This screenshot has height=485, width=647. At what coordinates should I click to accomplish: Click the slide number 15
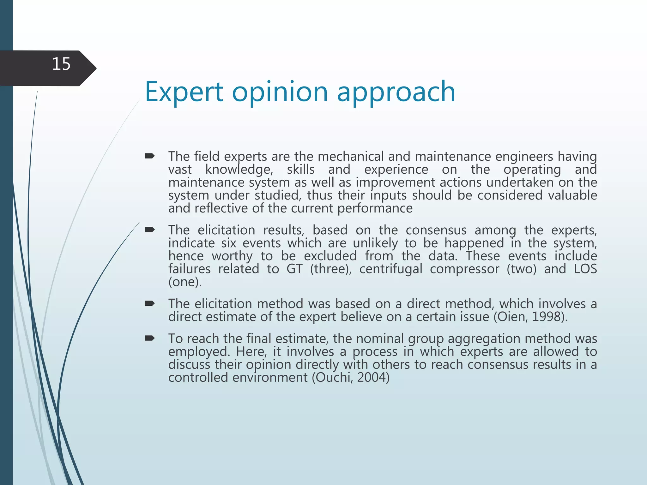click(61, 64)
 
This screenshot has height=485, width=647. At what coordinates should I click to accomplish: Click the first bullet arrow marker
click(149, 156)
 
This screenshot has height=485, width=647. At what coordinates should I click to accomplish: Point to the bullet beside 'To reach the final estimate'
click(149, 338)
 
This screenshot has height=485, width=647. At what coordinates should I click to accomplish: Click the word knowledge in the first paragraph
click(239, 170)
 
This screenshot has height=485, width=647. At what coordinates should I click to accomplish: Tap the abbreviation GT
click(294, 269)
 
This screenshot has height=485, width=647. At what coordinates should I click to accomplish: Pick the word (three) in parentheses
click(330, 269)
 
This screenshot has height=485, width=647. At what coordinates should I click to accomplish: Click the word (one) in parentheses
click(185, 282)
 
